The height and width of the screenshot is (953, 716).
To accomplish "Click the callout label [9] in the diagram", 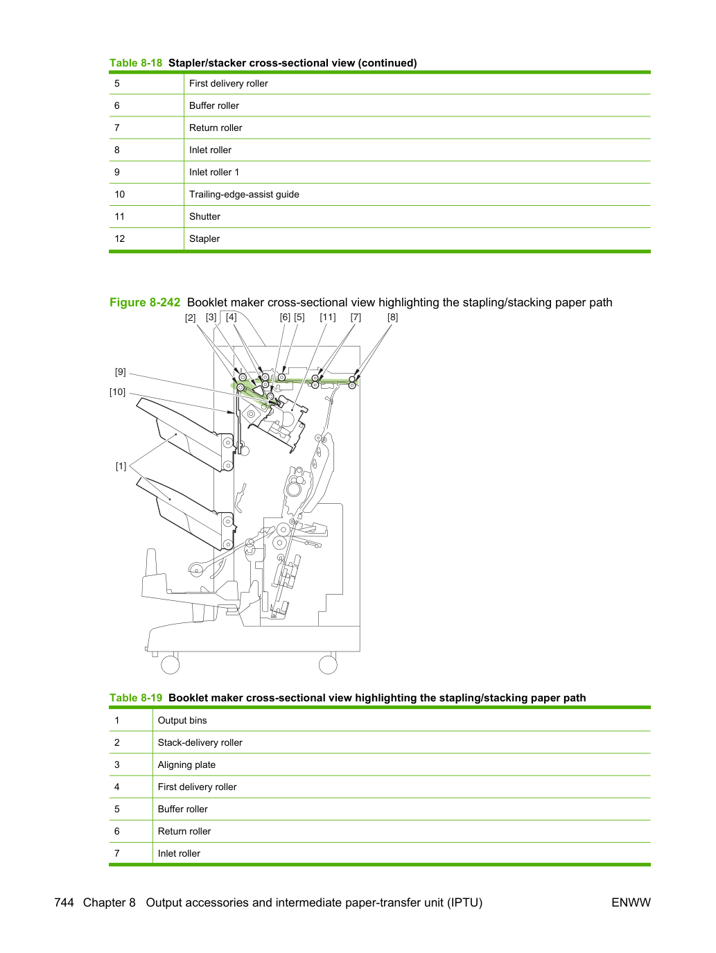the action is pos(121,372).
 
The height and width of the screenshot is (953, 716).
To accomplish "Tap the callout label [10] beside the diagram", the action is pos(117,392).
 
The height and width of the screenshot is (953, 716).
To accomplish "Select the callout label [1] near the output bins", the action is pos(121,466).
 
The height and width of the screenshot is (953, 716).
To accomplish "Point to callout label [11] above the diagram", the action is pos(328,317).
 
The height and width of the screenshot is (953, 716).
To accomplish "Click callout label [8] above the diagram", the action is pos(392,317).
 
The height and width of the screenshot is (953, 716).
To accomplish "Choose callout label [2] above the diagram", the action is pos(190,318).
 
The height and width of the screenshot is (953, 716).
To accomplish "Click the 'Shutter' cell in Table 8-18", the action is pos(204,217).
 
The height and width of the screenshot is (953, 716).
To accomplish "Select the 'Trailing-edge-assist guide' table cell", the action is pos(244,195).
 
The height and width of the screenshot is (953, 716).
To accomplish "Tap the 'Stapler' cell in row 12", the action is pos(204,239).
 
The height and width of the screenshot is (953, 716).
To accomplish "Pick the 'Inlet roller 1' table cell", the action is pos(214,173).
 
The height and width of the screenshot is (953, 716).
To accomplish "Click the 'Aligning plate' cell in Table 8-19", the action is pos(186,765).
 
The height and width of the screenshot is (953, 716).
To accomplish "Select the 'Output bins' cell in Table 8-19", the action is pos(182,721).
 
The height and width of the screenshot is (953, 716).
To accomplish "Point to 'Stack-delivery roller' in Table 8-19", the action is pos(200,743).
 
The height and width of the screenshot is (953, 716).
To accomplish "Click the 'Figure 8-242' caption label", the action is pos(145,303).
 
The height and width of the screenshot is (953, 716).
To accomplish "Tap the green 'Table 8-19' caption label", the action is pos(136,698).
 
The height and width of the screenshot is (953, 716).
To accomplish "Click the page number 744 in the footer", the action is pos(64,902).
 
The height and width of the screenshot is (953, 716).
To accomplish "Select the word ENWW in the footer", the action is pos(631,902).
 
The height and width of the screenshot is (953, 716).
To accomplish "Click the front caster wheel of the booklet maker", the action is pos(171,665).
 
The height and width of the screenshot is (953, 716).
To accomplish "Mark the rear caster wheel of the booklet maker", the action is pos(328,665).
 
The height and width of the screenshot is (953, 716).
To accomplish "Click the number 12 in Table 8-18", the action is pos(119,239).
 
